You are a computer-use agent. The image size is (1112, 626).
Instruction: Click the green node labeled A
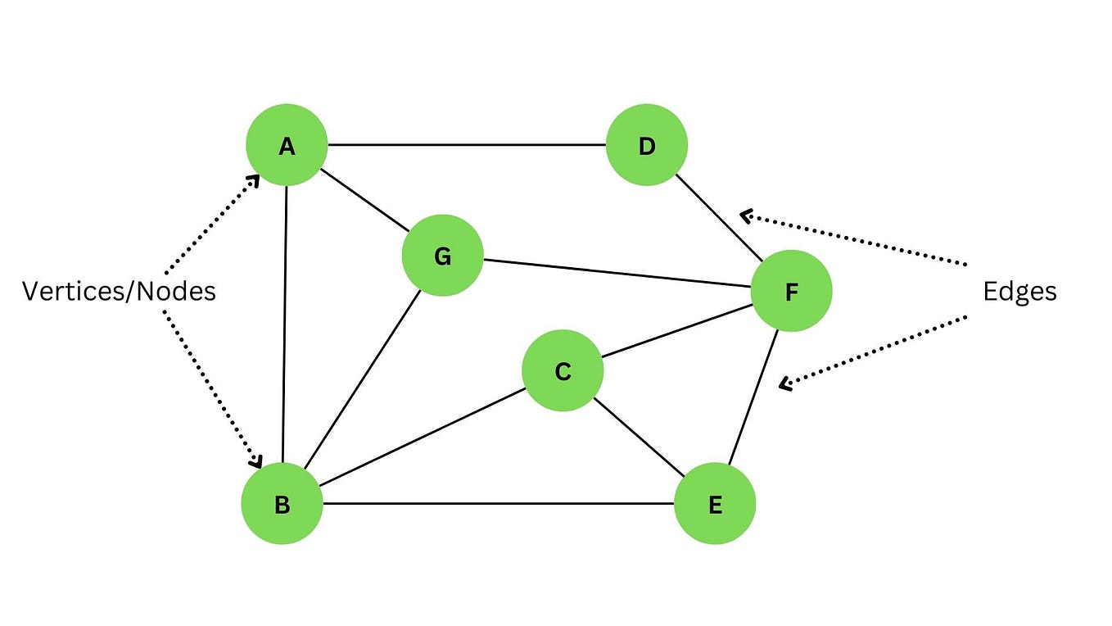click(x=287, y=146)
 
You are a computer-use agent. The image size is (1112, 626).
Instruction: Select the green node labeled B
click(x=282, y=504)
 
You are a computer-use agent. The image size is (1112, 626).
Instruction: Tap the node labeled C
click(x=563, y=371)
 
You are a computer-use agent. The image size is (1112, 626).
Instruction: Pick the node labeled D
click(x=647, y=146)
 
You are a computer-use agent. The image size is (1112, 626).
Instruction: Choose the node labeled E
click(x=715, y=504)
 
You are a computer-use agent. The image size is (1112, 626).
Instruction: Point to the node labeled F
click(x=791, y=292)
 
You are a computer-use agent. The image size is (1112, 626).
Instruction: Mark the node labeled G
click(x=442, y=256)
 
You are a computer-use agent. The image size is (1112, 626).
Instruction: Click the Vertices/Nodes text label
click(x=119, y=292)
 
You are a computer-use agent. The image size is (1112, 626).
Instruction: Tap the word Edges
click(x=1019, y=292)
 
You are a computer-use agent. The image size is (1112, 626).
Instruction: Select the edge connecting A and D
click(x=467, y=145)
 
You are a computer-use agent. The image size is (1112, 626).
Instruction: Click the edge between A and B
click(x=285, y=328)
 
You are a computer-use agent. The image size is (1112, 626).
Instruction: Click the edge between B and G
click(x=362, y=381)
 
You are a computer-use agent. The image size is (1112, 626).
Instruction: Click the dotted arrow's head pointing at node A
click(x=255, y=179)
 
